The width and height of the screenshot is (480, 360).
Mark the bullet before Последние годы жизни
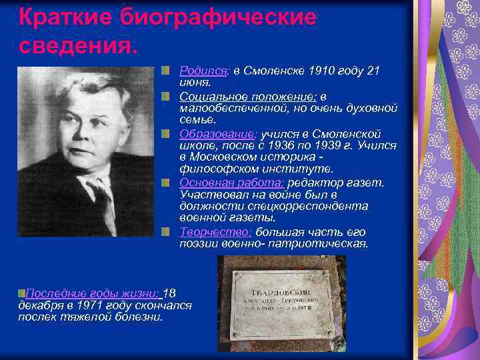click(x=22, y=293)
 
